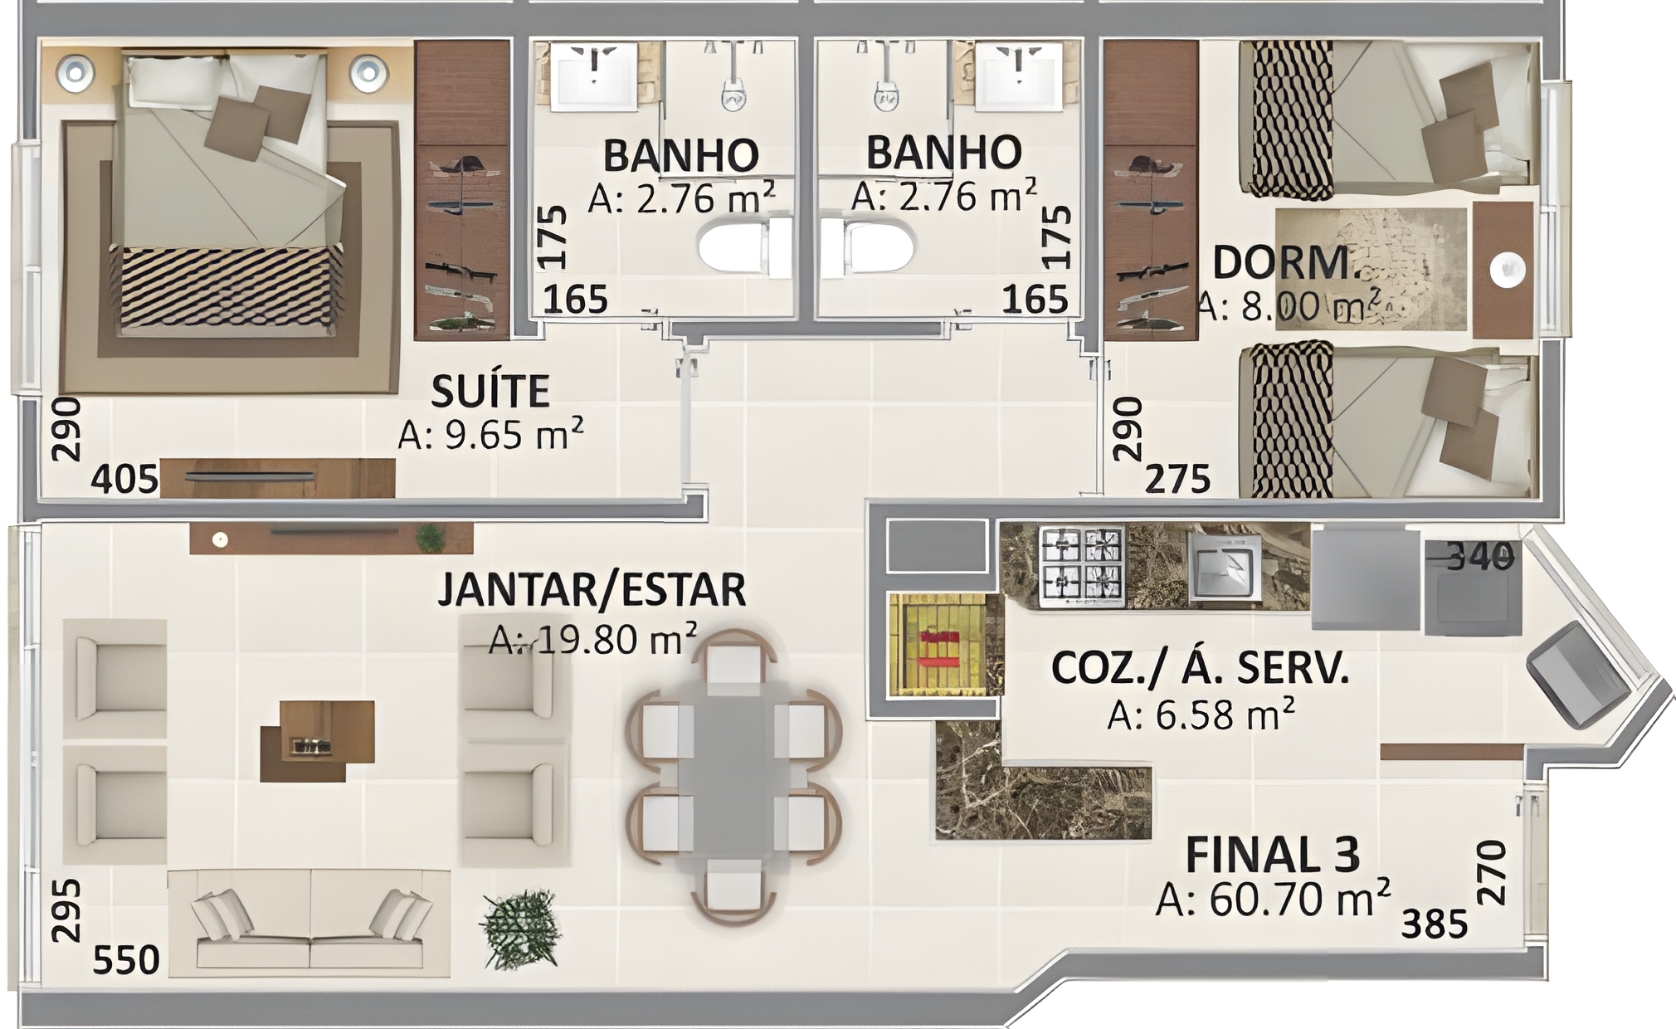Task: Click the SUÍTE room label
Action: pos(490,391)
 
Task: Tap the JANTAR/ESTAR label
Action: pos(592,588)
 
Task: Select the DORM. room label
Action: pos(1284,263)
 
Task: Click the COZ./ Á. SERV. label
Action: pos(1201,668)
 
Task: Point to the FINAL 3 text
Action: pos(1273,854)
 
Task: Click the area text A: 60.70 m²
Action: pos(1273,898)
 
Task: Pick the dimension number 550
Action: pos(126,960)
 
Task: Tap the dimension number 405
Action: pos(124,480)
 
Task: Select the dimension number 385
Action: pos(1435,924)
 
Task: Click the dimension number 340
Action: pos(1481,557)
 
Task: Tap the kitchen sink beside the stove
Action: pos(1225,566)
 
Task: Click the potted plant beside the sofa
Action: pos(520,928)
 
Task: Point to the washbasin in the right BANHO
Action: pos(1018,76)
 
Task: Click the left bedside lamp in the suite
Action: pos(75,72)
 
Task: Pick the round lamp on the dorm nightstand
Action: pos(1507,271)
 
